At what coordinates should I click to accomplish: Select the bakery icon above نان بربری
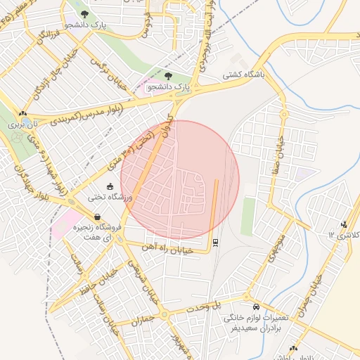click(x=22, y=112)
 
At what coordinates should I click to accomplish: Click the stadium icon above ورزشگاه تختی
click(x=110, y=186)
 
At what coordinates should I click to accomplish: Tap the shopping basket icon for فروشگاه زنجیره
click(x=97, y=217)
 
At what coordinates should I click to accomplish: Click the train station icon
click(x=215, y=243)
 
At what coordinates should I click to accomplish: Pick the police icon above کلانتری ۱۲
click(x=343, y=224)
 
